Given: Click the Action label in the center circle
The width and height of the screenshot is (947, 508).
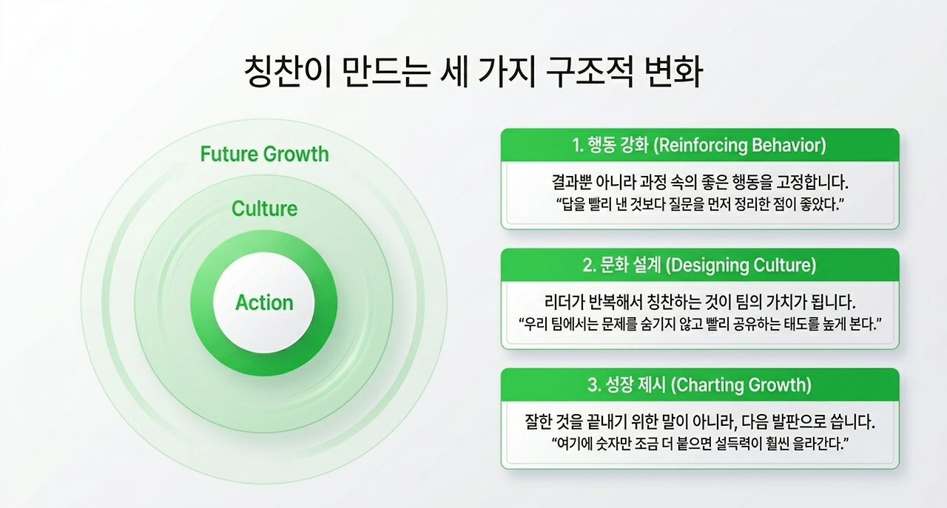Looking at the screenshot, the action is click(x=264, y=302).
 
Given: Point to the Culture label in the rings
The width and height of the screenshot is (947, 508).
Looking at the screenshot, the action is click(x=264, y=209).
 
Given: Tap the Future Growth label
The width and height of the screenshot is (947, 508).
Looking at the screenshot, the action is click(x=264, y=154).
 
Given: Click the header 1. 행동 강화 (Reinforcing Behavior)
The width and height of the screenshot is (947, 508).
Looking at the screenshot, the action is click(x=699, y=146).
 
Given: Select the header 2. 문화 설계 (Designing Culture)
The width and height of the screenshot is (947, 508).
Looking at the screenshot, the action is click(x=699, y=265).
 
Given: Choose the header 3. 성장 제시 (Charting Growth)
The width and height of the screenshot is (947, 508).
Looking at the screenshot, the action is click(x=699, y=385).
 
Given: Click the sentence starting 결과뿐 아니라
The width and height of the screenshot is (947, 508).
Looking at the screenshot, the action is click(x=700, y=183).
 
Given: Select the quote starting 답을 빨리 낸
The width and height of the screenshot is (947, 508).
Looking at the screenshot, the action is click(x=700, y=205).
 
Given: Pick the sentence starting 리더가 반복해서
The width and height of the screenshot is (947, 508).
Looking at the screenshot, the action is click(x=700, y=302).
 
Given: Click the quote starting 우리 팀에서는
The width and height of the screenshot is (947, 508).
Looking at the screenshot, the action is click(x=700, y=325).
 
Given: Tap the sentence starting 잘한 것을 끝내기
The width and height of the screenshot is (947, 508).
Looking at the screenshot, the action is click(x=700, y=421).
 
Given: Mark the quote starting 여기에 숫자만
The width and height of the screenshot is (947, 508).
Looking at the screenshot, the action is click(x=700, y=444).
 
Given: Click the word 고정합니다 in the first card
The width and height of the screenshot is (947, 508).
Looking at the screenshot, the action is click(x=812, y=183).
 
